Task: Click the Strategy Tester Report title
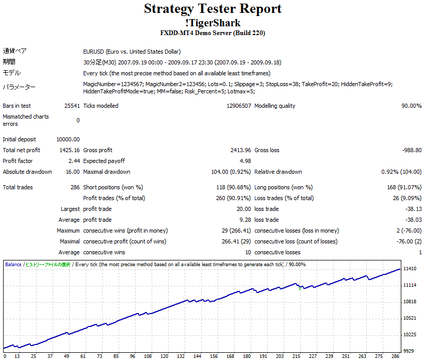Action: pos(213,9)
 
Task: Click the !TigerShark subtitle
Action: pos(213,23)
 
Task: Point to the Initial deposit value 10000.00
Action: pos(68,139)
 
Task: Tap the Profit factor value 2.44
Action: pos(74,161)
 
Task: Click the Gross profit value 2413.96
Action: pos(240,150)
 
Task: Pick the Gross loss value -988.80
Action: pos(411,150)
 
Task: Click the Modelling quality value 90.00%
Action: pos(411,106)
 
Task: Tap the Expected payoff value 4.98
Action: pos(245,161)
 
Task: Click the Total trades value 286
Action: pos(75,187)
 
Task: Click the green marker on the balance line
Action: pos(300,288)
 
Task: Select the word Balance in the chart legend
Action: pos(13,265)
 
